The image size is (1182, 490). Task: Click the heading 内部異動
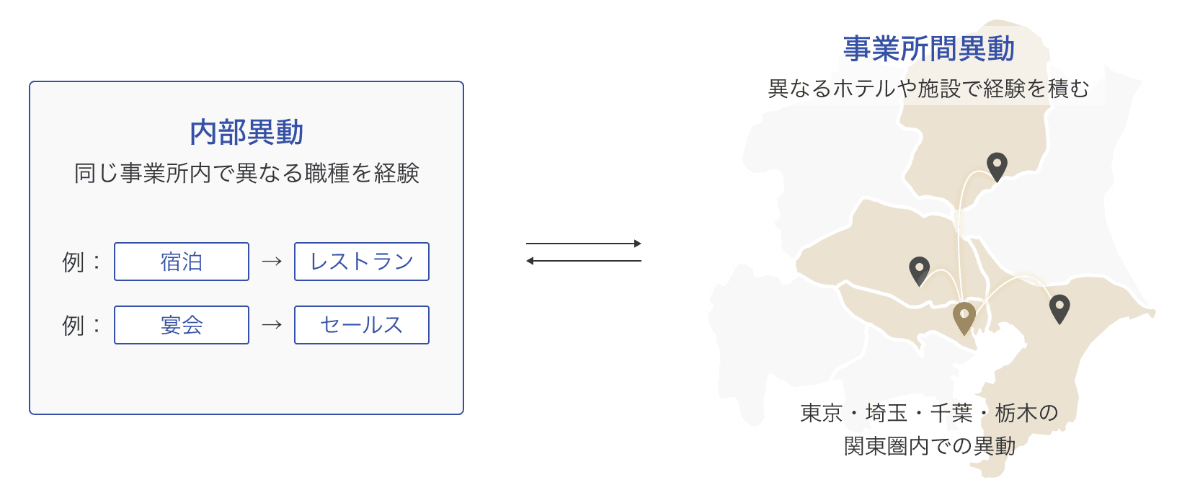tap(246, 133)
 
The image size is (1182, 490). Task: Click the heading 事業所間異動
tap(929, 49)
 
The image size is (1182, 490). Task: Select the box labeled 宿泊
tap(182, 262)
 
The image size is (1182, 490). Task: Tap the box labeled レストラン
tap(361, 262)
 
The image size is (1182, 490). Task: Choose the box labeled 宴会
tap(182, 325)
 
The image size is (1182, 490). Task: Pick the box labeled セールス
tap(361, 325)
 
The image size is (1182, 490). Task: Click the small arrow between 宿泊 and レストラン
tap(272, 262)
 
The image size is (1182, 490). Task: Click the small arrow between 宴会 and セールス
tap(272, 325)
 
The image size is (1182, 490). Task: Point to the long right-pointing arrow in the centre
tap(584, 244)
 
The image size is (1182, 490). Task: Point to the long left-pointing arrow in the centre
tap(584, 261)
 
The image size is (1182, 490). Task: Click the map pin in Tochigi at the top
tap(997, 166)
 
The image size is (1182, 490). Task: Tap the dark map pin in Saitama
tap(919, 270)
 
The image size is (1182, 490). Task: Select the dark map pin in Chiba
tap(1059, 308)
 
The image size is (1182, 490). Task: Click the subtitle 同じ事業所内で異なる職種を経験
tap(246, 174)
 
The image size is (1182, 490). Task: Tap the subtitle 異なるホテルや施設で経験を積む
tap(928, 89)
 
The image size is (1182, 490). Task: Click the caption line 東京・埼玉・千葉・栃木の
tap(929, 413)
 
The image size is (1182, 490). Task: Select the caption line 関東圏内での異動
tap(929, 446)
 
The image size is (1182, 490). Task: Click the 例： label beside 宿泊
tap(81, 262)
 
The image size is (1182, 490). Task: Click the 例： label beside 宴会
tap(81, 325)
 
